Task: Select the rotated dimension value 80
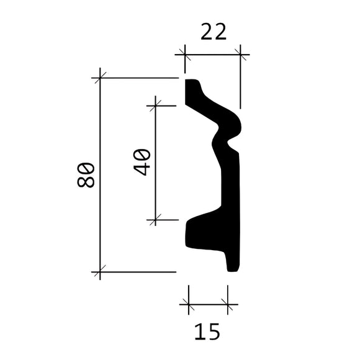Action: [86, 174]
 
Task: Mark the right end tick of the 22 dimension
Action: [241, 55]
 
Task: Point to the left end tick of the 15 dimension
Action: [188, 305]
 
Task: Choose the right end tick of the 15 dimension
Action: [228, 305]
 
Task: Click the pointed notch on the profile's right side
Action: [234, 148]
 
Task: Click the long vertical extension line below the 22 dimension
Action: [241, 81]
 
